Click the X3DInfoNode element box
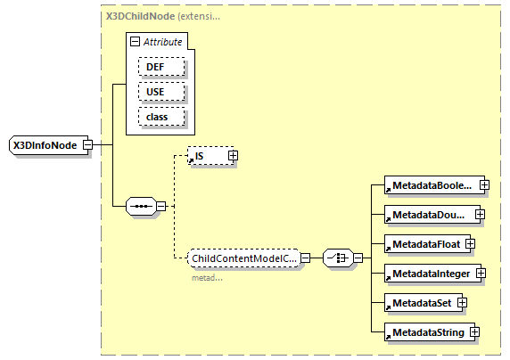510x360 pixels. coord(45,144)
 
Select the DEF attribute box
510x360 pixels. coord(160,67)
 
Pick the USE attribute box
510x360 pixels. coord(160,92)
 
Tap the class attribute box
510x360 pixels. coord(160,117)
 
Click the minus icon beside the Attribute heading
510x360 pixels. coord(135,42)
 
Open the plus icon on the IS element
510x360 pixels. coord(233,156)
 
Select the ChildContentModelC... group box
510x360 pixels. coord(243,258)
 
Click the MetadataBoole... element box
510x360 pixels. coord(429,185)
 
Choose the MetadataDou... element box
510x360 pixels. coord(426,215)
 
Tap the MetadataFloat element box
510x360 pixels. coord(421,244)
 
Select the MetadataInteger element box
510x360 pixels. coord(427,274)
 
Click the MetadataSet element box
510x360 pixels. coord(417,303)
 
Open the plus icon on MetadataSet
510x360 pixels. coord(463,303)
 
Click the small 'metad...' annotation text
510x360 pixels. coord(206,277)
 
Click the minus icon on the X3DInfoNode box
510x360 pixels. coord(87,144)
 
